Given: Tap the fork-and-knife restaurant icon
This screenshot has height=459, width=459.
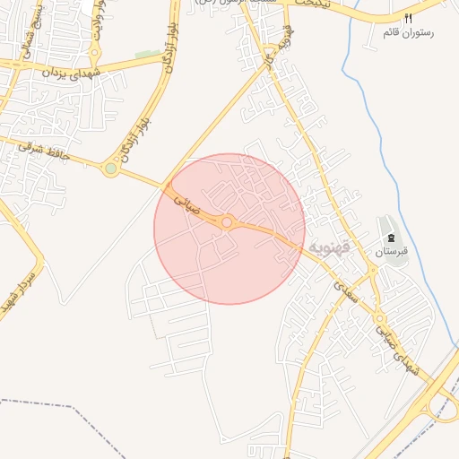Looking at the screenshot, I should pos(409,18).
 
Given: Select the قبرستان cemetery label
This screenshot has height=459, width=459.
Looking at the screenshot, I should pos(391,252).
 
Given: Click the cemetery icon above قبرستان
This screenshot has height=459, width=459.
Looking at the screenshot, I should pos(391,238).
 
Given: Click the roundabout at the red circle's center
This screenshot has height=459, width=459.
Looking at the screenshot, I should pos(228,221).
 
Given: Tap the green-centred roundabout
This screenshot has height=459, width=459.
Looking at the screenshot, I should pos(110,168).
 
